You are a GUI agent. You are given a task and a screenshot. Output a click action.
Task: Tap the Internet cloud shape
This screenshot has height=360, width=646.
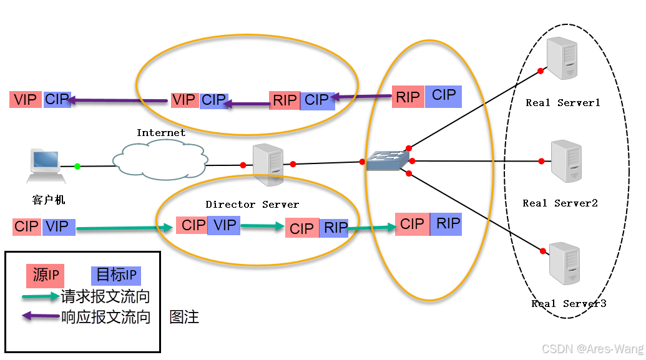point(160,160)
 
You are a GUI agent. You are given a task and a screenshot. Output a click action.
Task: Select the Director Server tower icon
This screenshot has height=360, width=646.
point(268,165)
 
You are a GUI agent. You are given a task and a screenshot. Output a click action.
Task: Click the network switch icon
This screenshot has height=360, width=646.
point(386,161)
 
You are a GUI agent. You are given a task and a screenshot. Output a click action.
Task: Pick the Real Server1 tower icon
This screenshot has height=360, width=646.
point(560,59)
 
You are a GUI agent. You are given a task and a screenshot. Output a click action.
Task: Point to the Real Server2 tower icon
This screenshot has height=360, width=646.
point(566,162)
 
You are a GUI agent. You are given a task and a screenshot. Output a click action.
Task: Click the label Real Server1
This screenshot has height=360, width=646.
point(562,103)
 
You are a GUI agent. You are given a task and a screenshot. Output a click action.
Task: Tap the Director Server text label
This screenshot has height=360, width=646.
point(252,204)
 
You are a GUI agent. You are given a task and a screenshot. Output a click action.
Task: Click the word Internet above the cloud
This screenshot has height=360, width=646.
point(161,132)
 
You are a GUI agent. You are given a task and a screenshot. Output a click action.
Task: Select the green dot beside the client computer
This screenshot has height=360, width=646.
point(77,166)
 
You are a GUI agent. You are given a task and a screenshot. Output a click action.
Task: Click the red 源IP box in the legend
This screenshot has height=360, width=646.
point(46,275)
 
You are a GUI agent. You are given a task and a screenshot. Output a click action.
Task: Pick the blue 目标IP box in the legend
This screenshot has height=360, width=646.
point(116,276)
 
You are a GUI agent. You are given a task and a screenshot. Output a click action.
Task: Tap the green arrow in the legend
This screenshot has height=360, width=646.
point(41,296)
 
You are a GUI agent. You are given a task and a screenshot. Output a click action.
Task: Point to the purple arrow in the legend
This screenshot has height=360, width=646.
point(41,316)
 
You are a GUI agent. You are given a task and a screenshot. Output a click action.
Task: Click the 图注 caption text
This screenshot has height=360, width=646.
point(184,317)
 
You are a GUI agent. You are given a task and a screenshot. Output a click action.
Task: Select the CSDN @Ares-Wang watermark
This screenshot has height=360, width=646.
point(592,348)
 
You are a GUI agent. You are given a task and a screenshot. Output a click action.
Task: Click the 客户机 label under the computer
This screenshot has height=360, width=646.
point(48,200)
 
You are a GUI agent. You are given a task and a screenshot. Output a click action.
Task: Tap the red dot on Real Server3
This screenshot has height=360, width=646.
point(541,252)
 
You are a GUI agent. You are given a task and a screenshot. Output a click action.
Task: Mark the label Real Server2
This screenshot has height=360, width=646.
point(560,203)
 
